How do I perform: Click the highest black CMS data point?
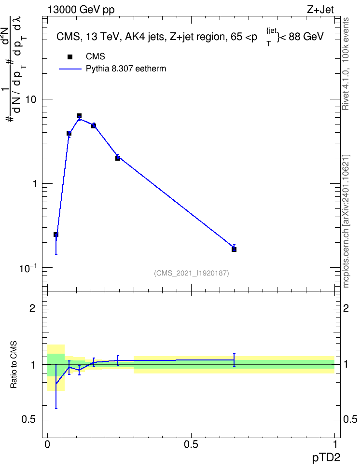(79, 116)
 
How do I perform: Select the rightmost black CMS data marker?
(234, 249)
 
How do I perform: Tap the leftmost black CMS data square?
(56, 234)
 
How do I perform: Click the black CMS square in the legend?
(70, 57)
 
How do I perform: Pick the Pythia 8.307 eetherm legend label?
(126, 69)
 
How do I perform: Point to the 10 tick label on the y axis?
(30, 99)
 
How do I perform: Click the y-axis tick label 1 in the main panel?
(34, 184)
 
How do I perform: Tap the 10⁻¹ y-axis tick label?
(28, 268)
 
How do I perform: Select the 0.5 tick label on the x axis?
(191, 444)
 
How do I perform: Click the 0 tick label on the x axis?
(47, 444)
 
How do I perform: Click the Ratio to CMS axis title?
(14, 365)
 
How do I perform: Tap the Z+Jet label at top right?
(320, 10)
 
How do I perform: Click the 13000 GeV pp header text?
(81, 10)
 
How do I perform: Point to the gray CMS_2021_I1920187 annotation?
(192, 273)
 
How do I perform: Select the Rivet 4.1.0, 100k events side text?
(346, 64)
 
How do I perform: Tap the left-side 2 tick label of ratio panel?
(32, 308)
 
